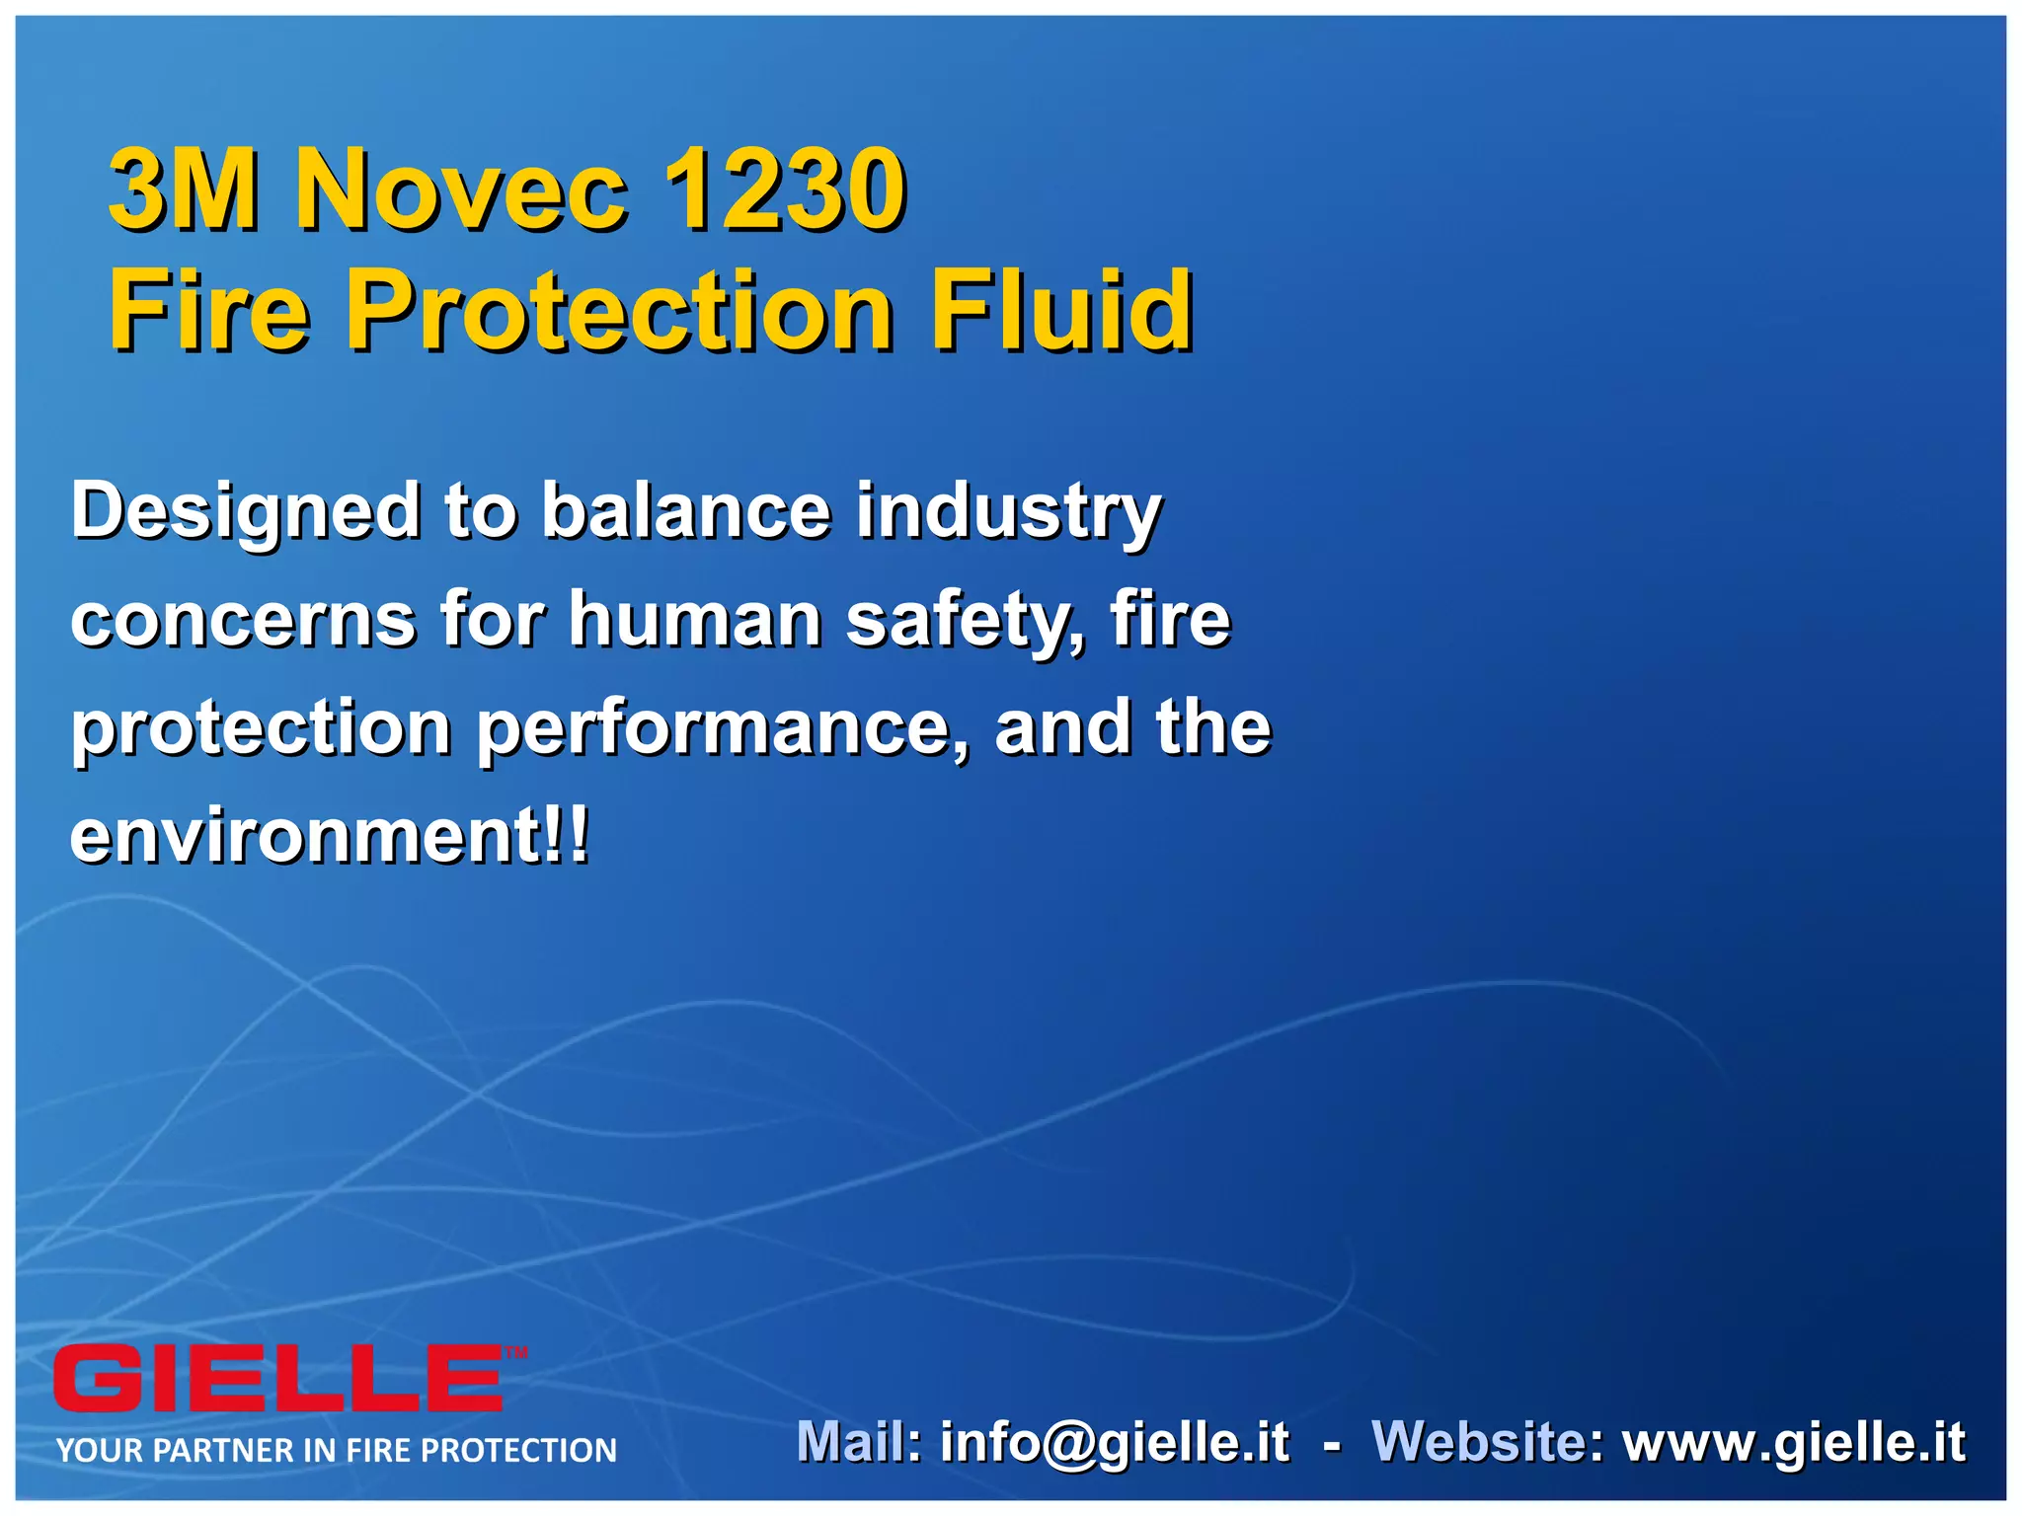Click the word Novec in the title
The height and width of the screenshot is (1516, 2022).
[x=461, y=189]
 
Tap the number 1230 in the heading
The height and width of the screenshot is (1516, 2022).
[x=784, y=189]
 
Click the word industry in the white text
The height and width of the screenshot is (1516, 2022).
[x=1008, y=513]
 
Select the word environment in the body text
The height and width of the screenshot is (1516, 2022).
[x=305, y=836]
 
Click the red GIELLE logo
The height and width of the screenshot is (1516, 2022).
[x=278, y=1379]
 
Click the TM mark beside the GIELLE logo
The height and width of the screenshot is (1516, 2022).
[x=516, y=1353]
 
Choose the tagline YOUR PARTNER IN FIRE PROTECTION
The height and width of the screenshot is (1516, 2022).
[x=337, y=1450]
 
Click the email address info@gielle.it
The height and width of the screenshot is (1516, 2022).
[x=1114, y=1442]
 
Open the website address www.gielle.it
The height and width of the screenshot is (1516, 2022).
[x=1794, y=1442]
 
